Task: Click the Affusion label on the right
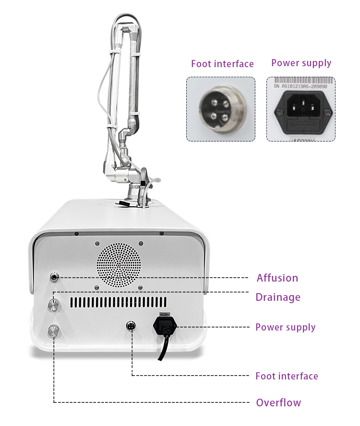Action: point(277,278)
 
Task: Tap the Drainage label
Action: point(277,297)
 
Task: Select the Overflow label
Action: point(278,402)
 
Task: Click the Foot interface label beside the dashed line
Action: point(287,376)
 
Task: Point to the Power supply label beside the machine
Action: point(285,327)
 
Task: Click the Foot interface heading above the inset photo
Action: point(222,64)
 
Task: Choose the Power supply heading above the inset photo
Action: point(301,63)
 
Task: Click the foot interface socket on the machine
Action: point(131,326)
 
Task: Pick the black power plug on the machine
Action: point(165,327)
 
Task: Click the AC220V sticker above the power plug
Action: point(165,315)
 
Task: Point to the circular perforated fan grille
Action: point(118,264)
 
